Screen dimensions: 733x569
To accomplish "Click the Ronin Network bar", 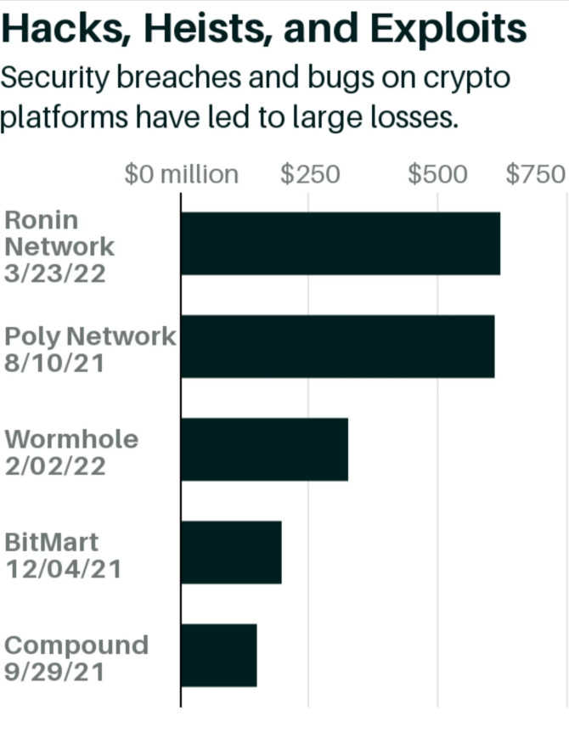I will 340,243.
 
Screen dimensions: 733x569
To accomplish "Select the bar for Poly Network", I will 337,346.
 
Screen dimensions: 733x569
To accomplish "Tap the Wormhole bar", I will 264,449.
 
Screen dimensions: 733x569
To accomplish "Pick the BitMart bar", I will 231,552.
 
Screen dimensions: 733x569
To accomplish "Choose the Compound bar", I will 218,655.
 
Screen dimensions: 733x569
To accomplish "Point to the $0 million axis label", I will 181,174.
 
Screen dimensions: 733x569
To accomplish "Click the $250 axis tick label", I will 310,174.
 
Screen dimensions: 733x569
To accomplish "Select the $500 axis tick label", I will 437,174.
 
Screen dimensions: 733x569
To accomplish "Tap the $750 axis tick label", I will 535,174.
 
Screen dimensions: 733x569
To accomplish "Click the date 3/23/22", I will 55,274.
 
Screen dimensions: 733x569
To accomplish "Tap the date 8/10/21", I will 54,364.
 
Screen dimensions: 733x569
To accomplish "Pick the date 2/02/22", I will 55,466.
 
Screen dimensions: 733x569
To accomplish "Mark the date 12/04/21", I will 63,568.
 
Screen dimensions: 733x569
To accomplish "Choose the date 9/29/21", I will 54,672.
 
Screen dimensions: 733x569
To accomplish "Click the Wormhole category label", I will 71,440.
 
